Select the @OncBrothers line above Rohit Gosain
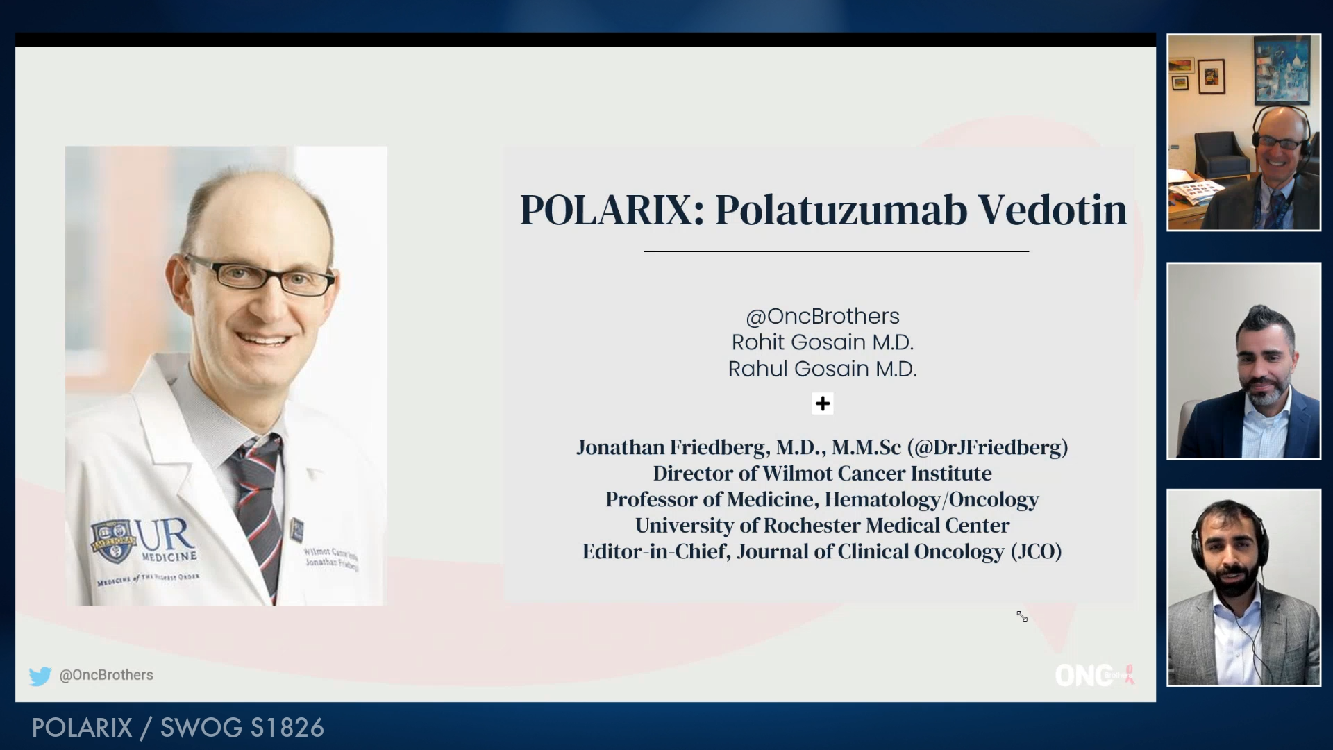823,317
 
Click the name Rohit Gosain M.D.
823,342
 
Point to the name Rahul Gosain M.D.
823,369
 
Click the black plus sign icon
823,403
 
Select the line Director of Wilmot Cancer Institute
823,474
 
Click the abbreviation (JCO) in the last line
1036,551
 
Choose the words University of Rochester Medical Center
823,526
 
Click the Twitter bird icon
40,676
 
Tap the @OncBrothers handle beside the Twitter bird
106,675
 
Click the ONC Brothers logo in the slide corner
1093,675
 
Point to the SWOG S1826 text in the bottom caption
242,728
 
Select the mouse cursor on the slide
1022,616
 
